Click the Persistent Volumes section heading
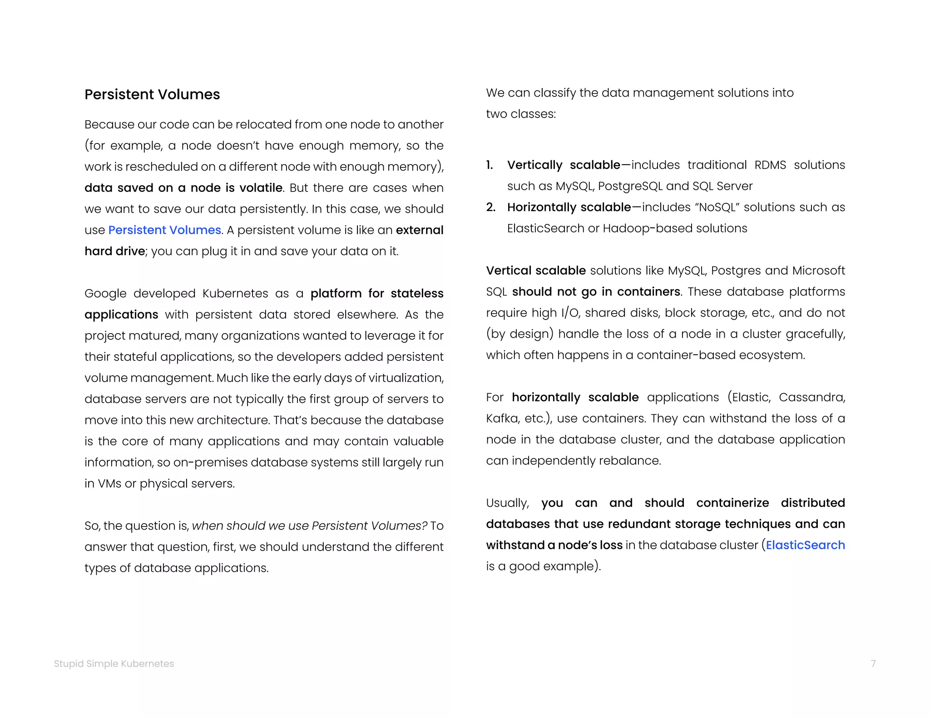point(152,94)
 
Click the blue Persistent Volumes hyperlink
point(164,230)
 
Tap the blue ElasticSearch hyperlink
point(805,545)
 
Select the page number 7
point(873,664)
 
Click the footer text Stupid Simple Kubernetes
point(114,664)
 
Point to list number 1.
point(490,165)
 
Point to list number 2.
point(490,207)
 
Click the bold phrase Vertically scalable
point(563,165)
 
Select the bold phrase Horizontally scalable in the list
point(569,207)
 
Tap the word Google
point(105,294)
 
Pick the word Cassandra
point(811,397)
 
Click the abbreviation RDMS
point(770,165)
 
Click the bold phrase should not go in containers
point(596,291)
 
